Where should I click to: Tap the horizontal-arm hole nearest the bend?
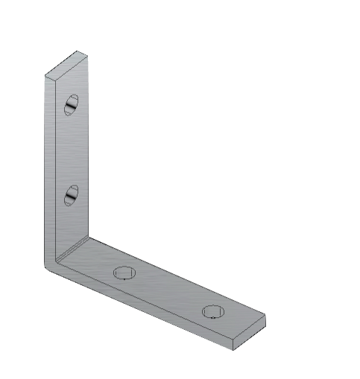[125, 272]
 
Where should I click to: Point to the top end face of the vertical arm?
[66, 64]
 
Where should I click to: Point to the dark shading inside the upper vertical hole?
[69, 109]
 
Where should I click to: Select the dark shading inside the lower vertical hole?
[69, 198]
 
